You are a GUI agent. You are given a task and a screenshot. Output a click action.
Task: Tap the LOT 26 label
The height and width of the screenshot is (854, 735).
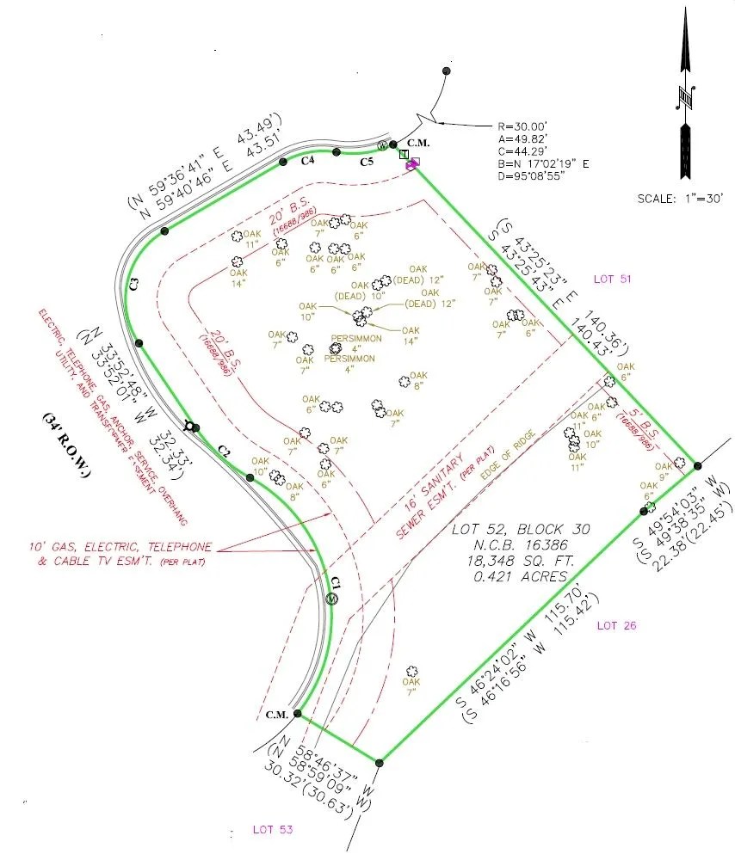point(616,625)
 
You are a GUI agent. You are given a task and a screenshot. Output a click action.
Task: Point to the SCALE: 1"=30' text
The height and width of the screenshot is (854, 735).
point(680,198)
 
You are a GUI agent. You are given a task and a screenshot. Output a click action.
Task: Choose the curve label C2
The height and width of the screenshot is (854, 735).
point(225,450)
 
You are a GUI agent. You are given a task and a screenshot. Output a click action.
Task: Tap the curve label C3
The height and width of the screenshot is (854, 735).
point(134,282)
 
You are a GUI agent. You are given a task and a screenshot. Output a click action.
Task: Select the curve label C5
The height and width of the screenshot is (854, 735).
point(367,161)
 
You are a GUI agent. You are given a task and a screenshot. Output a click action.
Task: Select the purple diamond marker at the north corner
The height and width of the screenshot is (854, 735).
point(412,163)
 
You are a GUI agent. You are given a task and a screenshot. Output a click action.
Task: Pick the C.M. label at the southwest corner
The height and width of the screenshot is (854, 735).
point(276,715)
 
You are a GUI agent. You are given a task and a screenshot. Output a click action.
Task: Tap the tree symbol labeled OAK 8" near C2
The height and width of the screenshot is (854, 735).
point(277,476)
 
